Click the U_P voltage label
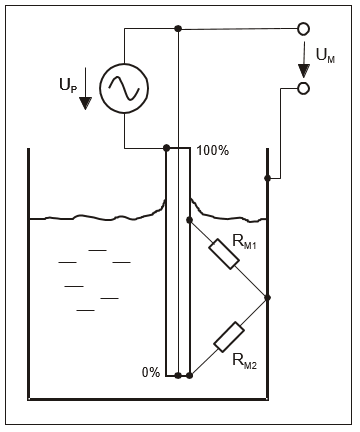68,86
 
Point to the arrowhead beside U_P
86,103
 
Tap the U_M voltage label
325,55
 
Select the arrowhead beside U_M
304,71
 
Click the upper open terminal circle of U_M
303,29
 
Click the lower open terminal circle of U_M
303,88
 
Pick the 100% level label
213,151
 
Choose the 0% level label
151,372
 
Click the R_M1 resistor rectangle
224,254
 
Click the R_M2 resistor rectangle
229,337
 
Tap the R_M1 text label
244,242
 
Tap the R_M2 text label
244,361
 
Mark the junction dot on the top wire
178,29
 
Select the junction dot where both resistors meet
267,298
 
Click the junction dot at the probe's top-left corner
167,148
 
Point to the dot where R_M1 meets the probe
189,220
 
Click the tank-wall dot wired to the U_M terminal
267,178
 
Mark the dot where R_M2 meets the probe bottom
189,376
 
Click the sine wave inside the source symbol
124,88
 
